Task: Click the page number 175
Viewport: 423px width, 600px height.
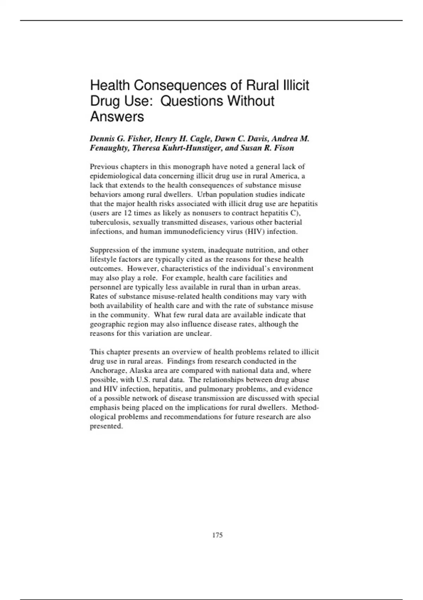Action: coord(217,535)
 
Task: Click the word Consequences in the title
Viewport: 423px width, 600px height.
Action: coord(178,85)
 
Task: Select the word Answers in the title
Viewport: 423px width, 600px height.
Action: coord(117,116)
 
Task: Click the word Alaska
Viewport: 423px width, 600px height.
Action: coord(140,371)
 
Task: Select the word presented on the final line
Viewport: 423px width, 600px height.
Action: coord(106,426)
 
